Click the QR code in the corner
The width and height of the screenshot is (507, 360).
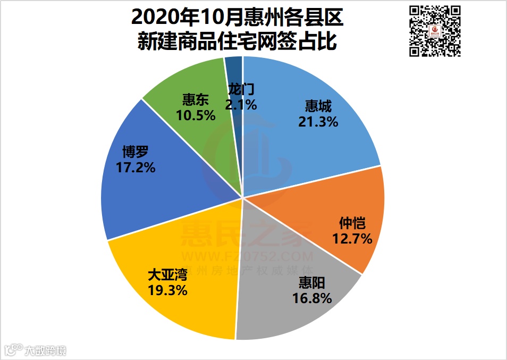coord(435,31)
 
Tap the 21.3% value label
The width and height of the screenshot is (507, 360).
coord(318,122)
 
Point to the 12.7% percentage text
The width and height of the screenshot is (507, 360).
coord(352,239)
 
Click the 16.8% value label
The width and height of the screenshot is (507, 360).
coord(312,298)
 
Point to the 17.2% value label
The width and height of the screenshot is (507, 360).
coord(135,168)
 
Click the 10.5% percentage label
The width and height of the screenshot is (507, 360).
coord(195,114)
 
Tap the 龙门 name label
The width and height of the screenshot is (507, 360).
coord(240,89)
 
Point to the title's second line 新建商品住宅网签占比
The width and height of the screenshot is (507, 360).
coord(237,41)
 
